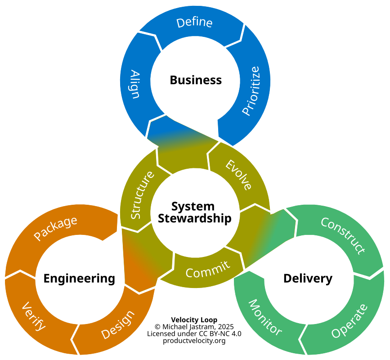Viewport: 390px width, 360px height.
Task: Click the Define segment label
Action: click(x=194, y=22)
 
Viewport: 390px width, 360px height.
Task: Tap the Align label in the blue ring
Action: click(x=134, y=84)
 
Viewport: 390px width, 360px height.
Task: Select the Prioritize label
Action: click(x=251, y=91)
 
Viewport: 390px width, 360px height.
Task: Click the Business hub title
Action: click(x=196, y=80)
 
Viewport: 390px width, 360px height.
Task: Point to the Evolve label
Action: click(x=238, y=175)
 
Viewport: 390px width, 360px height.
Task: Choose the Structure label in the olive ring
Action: click(x=142, y=195)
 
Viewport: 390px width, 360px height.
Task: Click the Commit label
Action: click(x=208, y=270)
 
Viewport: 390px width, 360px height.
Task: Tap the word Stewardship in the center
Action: click(x=194, y=218)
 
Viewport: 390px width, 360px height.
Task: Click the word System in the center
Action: click(x=193, y=207)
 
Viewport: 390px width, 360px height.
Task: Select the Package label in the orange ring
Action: click(x=55, y=228)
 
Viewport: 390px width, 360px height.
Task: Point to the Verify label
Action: click(x=34, y=316)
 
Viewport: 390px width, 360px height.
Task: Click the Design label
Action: click(x=118, y=324)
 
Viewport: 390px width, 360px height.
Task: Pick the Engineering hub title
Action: click(x=79, y=279)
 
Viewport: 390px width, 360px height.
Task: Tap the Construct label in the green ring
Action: click(x=343, y=235)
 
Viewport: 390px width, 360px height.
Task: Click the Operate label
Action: click(x=350, y=321)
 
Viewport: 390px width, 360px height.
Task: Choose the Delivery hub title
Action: click(x=308, y=279)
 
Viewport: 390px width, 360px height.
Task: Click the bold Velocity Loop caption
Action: click(x=194, y=319)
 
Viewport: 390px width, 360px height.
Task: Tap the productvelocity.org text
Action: click(x=194, y=341)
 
